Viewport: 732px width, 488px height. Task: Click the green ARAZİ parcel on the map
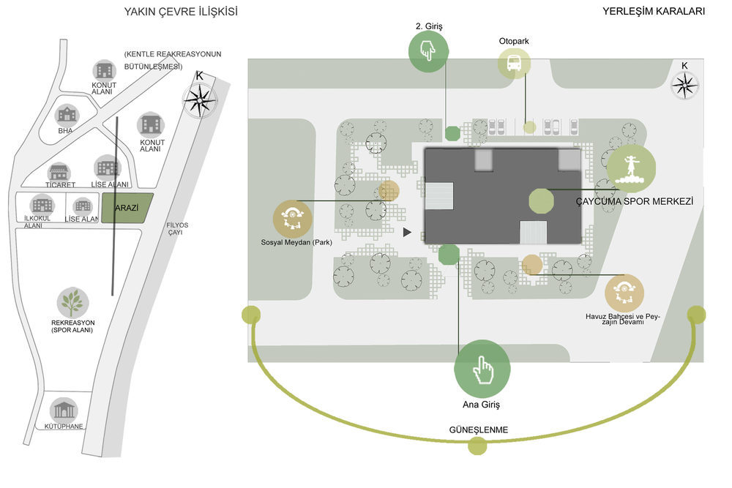tap(127, 208)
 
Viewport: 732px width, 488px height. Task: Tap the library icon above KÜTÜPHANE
tap(64, 410)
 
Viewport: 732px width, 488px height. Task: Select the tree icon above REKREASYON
tap(72, 303)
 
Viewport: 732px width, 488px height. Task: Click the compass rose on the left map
tap(200, 100)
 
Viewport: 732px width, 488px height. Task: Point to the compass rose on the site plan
tap(684, 86)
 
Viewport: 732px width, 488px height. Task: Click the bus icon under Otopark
tap(514, 63)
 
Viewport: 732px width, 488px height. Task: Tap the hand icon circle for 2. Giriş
tap(428, 51)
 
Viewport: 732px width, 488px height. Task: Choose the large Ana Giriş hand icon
tap(482, 369)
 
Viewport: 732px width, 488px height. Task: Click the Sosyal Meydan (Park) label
tap(296, 243)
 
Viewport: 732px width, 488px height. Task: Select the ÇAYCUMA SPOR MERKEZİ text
tap(635, 201)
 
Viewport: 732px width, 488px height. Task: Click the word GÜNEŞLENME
tap(479, 429)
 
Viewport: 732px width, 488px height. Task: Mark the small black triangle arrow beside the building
tap(407, 232)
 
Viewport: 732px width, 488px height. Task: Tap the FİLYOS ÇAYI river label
tap(176, 228)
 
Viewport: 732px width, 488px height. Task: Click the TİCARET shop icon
tap(59, 172)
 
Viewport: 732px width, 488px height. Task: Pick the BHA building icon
tap(67, 114)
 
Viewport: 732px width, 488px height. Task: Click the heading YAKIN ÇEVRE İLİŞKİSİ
tap(181, 12)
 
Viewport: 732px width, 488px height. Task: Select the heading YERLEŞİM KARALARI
tap(654, 11)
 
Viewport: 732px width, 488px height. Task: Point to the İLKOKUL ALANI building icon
tap(42, 205)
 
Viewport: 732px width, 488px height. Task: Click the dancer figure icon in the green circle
tap(631, 168)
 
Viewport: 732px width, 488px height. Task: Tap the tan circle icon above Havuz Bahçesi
tap(624, 293)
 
